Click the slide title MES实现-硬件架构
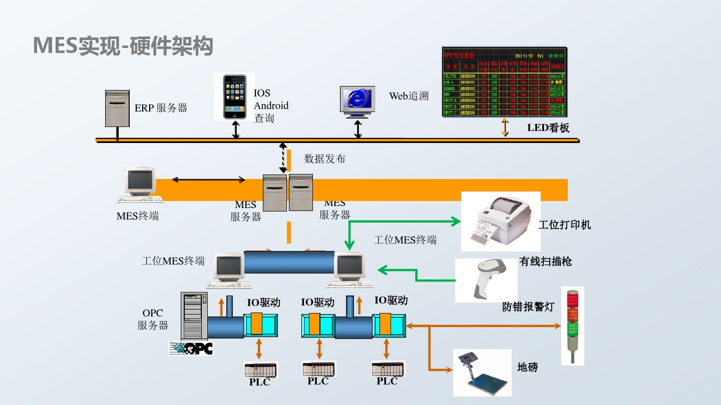point(123,46)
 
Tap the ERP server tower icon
point(117,108)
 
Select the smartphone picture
point(235,96)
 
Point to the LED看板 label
point(548,128)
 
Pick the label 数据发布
point(325,159)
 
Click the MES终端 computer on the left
point(140,185)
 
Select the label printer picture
point(501,221)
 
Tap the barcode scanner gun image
point(486,280)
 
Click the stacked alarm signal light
point(572,326)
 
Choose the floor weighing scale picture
point(482,372)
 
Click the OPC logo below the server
point(191,348)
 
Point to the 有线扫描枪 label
point(545,261)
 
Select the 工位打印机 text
point(564,225)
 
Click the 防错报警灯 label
point(528,307)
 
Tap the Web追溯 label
point(409,96)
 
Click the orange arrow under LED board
point(505,127)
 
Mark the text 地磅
point(527,367)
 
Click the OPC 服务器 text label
point(153,319)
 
